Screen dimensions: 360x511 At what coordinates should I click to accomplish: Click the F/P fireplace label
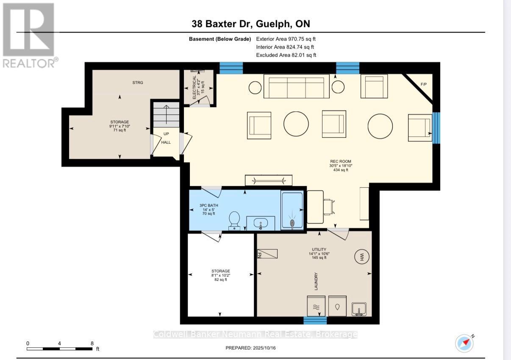(423, 84)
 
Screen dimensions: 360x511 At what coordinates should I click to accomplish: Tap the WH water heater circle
(362, 257)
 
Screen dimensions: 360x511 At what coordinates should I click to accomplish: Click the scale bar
(60, 349)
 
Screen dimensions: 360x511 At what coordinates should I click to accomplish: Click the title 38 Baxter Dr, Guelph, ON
(253, 24)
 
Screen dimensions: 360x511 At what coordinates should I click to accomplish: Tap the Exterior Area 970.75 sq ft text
(286, 39)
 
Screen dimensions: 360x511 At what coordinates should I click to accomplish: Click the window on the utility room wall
(315, 320)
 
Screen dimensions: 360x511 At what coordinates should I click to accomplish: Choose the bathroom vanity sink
(261, 223)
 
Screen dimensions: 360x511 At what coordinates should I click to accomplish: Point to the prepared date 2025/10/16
(253, 348)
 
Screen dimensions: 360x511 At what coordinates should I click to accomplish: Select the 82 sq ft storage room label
(221, 275)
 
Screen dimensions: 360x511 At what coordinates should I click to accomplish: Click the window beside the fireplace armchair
(436, 128)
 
